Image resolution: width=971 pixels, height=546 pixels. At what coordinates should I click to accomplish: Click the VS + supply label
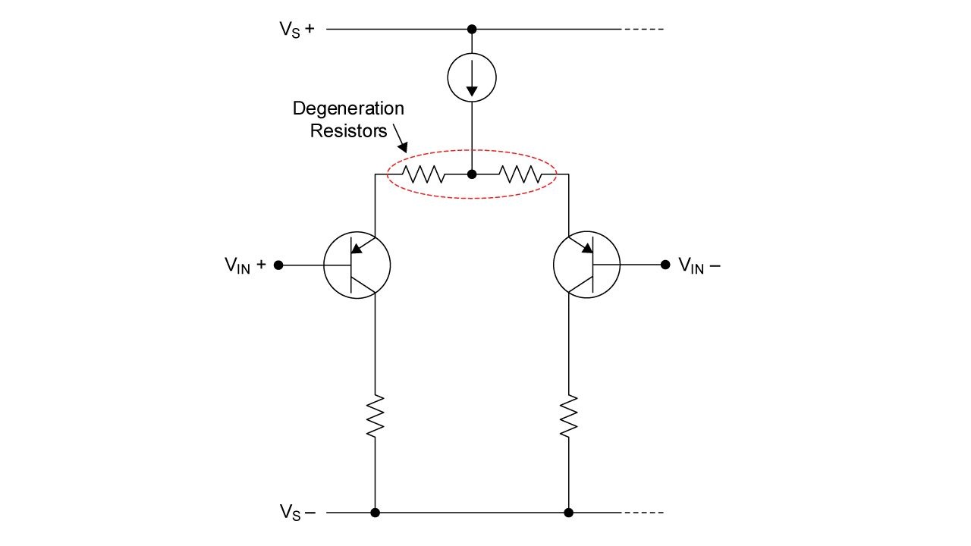[x=297, y=30]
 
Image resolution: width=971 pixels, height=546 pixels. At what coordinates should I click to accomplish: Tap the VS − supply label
[x=297, y=512]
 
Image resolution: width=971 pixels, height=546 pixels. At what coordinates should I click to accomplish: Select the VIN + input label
[x=245, y=265]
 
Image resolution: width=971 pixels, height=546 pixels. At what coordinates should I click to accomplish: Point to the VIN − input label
[x=699, y=265]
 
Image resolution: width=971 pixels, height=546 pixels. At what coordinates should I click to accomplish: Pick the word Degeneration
[x=348, y=108]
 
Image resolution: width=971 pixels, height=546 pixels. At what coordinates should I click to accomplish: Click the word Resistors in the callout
[x=348, y=131]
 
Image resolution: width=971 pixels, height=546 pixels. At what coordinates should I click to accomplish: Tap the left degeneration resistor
[x=423, y=174]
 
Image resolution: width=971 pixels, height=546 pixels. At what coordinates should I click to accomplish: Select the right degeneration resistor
[x=520, y=174]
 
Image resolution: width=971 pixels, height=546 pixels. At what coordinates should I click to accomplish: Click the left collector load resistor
[x=375, y=416]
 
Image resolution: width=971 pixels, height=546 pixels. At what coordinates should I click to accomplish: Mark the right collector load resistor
[x=569, y=416]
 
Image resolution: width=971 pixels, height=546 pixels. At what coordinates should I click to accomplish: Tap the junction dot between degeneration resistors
[x=472, y=174]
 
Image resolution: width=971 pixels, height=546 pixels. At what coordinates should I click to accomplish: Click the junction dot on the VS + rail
[x=472, y=29]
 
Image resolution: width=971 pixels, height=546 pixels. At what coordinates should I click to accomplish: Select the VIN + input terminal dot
[x=278, y=265]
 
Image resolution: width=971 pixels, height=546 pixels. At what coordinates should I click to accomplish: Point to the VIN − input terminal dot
[x=665, y=265]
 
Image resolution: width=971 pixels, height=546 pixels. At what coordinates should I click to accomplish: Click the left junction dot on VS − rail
[x=375, y=513]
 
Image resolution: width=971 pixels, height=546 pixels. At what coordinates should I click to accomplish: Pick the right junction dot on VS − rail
[x=569, y=513]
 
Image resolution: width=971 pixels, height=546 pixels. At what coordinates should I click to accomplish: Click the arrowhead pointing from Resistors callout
[x=404, y=147]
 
